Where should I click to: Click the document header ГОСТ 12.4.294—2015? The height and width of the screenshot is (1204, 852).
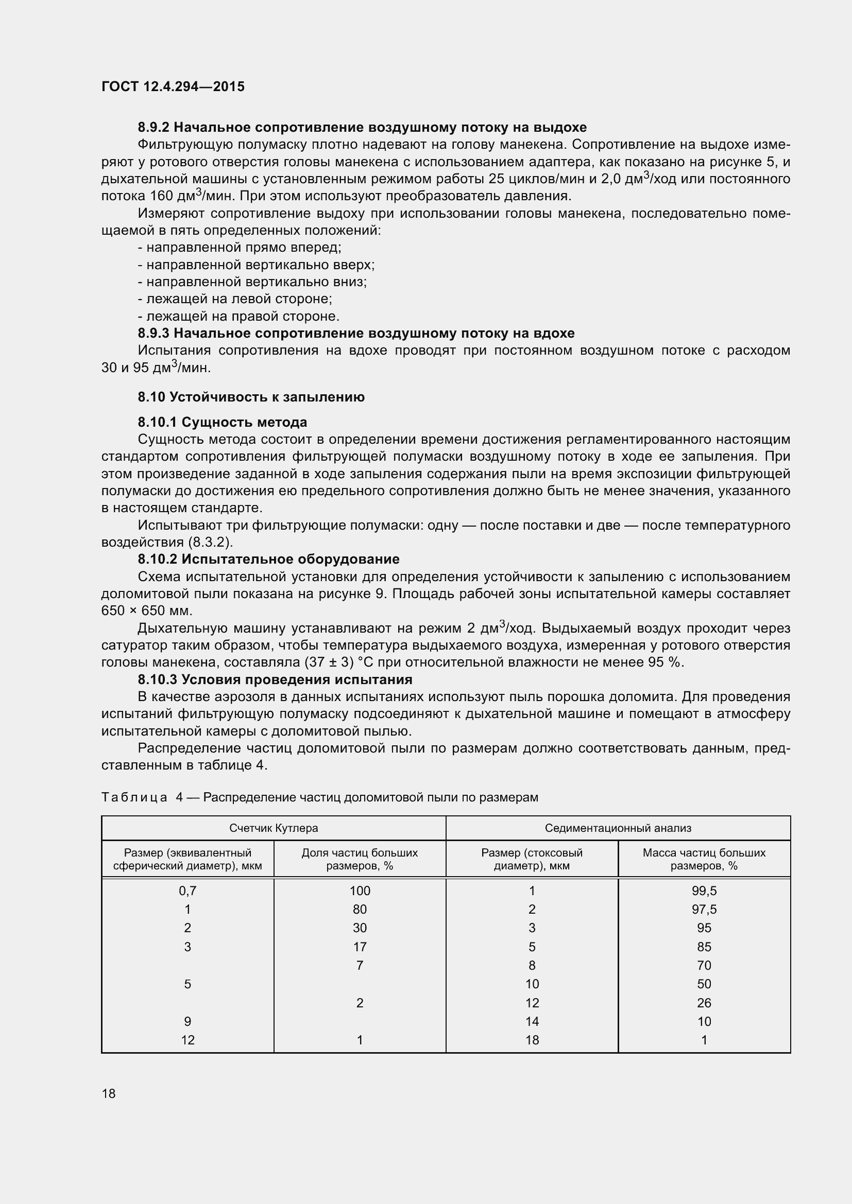[173, 86]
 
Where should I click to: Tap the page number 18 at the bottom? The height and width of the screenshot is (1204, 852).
[109, 1093]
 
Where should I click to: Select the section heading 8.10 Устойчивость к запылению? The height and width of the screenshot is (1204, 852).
[251, 397]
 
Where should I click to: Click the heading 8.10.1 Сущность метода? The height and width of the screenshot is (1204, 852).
[222, 422]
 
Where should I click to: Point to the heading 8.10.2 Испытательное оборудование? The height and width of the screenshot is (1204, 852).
[268, 559]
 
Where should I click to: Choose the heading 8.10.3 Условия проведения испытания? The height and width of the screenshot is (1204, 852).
[275, 679]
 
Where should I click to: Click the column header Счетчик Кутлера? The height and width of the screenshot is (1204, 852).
[274, 828]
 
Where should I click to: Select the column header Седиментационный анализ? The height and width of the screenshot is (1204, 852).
[618, 828]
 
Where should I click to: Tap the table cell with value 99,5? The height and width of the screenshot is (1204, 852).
[704, 891]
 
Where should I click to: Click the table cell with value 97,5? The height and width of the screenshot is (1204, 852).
[704, 909]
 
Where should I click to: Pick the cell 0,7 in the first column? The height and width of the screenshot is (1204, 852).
[188, 891]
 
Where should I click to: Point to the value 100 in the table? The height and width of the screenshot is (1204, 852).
[360, 891]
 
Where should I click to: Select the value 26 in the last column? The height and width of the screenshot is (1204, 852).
[704, 1003]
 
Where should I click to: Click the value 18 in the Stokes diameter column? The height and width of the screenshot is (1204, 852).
[532, 1040]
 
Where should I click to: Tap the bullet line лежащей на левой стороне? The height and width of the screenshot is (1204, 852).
[234, 299]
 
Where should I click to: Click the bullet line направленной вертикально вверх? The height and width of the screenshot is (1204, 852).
[256, 265]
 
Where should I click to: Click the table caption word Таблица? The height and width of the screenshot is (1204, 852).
[134, 797]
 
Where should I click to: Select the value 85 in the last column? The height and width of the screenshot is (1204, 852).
[704, 947]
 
